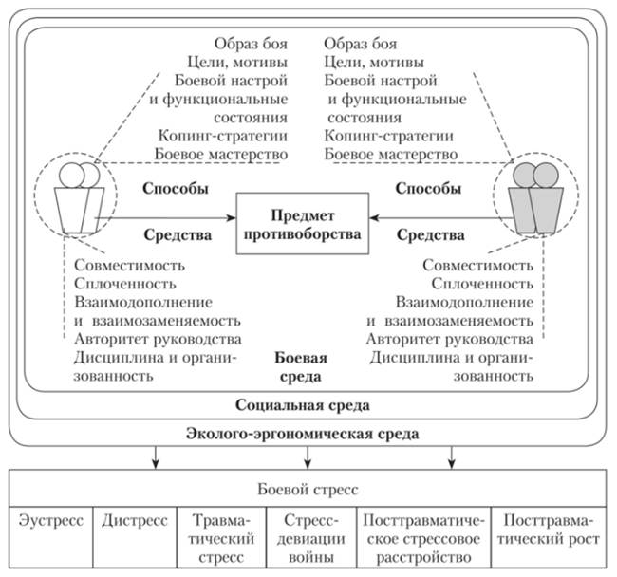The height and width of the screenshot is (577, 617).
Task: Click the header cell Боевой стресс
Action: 308,490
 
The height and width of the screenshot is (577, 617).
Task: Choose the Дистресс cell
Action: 134,522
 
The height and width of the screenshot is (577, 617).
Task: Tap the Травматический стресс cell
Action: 220,537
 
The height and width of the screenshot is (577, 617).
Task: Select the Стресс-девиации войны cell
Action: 307,537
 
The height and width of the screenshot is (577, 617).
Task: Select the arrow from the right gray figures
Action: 432,218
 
